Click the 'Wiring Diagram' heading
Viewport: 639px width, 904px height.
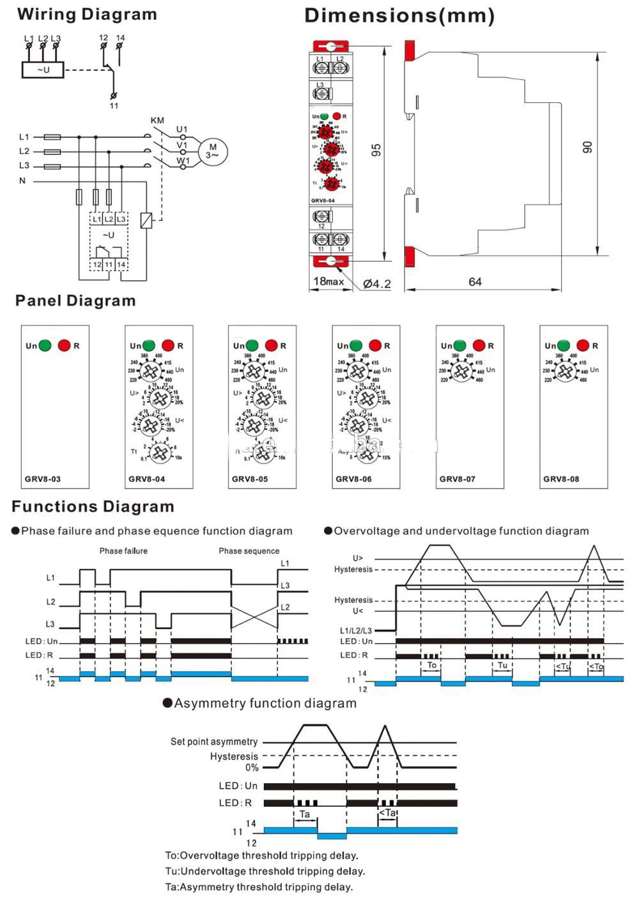coord(87,15)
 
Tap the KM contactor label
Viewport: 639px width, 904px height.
coord(157,121)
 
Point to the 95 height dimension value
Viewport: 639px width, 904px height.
coord(376,150)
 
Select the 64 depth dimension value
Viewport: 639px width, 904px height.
coord(475,282)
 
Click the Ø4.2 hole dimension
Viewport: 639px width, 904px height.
coord(376,283)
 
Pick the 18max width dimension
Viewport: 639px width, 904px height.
coord(328,281)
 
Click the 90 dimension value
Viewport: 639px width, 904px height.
coord(587,147)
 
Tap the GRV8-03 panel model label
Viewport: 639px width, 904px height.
coord(43,479)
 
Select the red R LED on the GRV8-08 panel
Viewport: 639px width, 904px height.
coord(583,346)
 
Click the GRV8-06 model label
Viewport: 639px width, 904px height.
coord(353,479)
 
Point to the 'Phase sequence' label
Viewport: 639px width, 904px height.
coord(249,550)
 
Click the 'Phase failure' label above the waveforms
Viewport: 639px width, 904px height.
coord(123,550)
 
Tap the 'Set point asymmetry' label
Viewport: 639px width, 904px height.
coord(214,742)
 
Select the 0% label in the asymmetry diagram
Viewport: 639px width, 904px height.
coord(252,767)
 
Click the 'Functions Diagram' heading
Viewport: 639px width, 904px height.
coord(93,507)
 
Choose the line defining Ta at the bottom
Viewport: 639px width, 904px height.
coord(259,887)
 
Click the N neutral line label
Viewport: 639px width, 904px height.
coord(22,181)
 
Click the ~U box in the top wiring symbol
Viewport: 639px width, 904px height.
coord(43,70)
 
